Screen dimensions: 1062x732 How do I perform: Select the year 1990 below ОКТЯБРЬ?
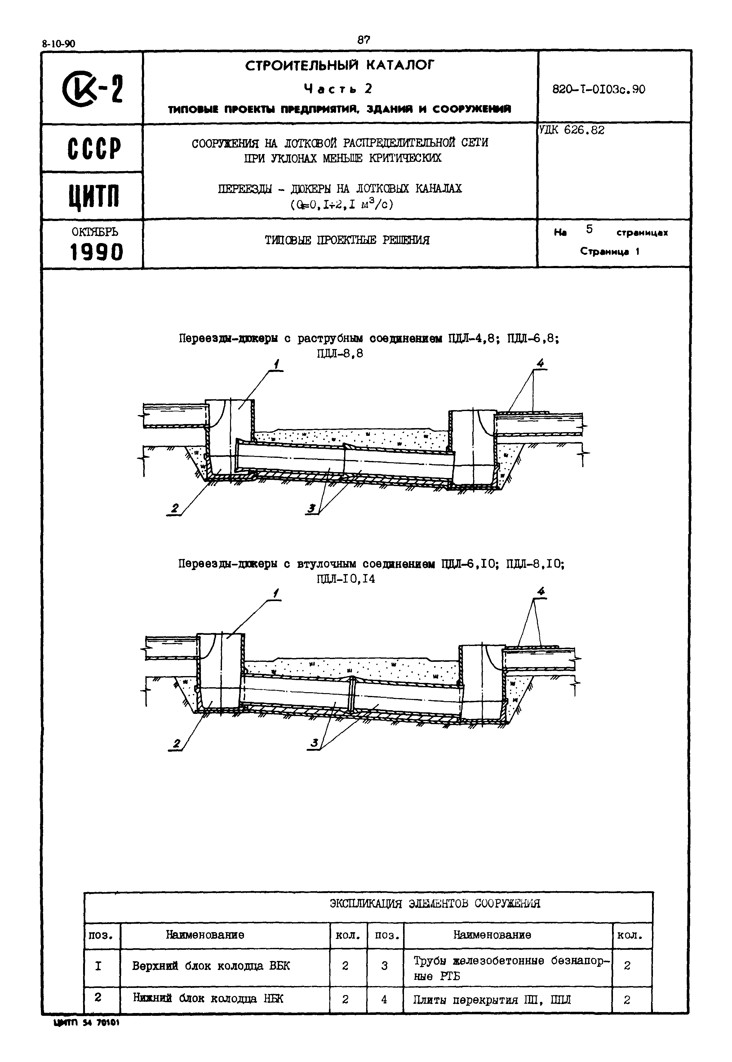pos(96,252)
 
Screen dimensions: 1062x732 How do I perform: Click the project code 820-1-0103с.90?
pos(599,89)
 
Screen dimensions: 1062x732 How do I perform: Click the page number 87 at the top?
pos(364,40)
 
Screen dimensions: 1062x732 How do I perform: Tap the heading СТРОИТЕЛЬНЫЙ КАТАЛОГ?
pos(339,66)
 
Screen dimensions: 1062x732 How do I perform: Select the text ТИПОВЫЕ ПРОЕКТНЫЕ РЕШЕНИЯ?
pos(347,240)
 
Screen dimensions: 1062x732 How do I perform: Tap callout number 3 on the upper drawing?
pos(312,508)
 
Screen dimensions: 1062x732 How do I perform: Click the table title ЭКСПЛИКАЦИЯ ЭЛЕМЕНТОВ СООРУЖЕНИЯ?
pos(435,903)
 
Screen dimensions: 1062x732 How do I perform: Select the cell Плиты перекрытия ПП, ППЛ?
pos(492,1000)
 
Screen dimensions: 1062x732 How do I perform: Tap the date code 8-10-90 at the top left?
pos(58,44)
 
